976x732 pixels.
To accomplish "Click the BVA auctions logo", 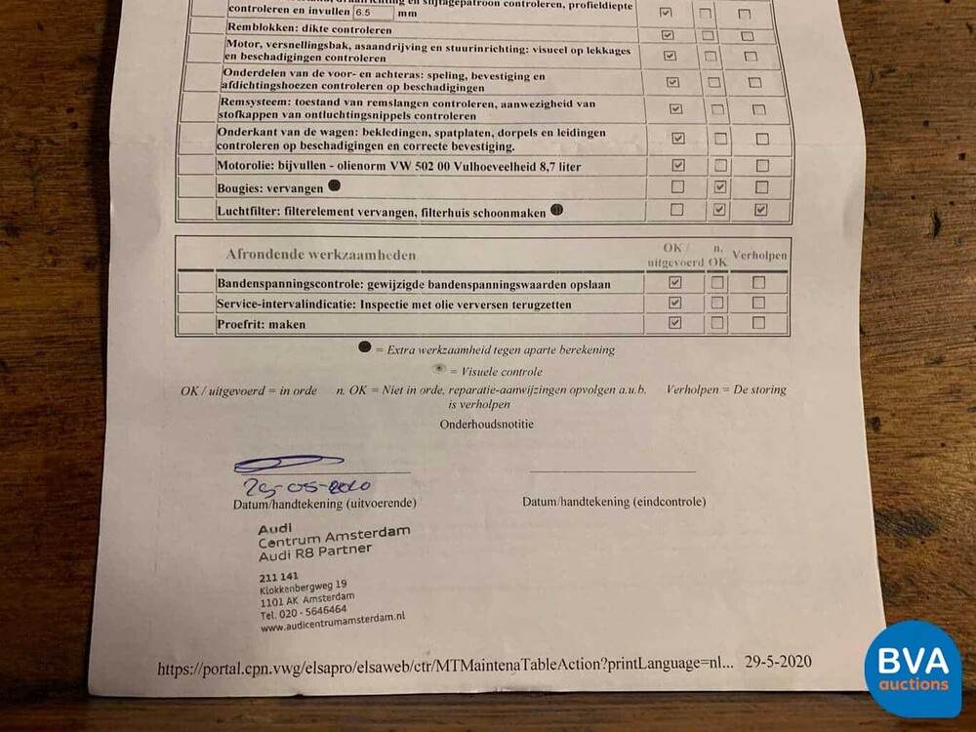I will [913, 670].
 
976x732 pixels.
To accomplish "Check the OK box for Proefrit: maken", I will [674, 323].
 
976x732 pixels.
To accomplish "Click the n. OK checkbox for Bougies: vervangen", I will [719, 186].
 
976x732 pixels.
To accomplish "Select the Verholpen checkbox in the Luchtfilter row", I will [760, 209].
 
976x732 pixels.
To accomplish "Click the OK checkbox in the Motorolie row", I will [678, 165].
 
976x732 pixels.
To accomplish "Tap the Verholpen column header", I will [759, 256].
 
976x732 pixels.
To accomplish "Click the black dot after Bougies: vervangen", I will [334, 185].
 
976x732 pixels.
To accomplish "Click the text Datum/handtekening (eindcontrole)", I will [614, 502].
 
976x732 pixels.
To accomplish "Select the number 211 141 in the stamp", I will [278, 578].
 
